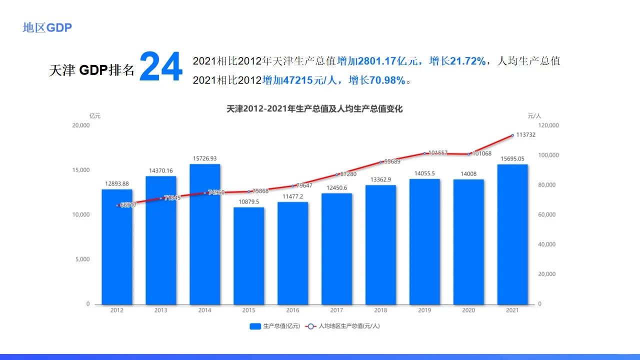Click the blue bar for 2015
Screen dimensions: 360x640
248,255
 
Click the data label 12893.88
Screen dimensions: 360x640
116,183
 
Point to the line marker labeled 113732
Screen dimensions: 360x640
512,135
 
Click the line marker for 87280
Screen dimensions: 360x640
336,174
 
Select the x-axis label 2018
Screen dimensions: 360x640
380,310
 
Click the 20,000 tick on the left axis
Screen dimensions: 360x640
81,125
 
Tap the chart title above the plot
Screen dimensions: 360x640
314,108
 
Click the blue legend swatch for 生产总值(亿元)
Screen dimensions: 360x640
255,326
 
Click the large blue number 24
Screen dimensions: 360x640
160,68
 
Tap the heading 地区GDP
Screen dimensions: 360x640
47,28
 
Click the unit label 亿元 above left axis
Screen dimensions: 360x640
94,115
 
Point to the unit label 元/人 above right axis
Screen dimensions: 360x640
534,115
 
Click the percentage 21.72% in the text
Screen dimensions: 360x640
467,61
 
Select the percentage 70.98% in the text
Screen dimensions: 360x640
387,80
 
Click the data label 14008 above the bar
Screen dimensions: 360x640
468,173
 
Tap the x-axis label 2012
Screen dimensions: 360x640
116,310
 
